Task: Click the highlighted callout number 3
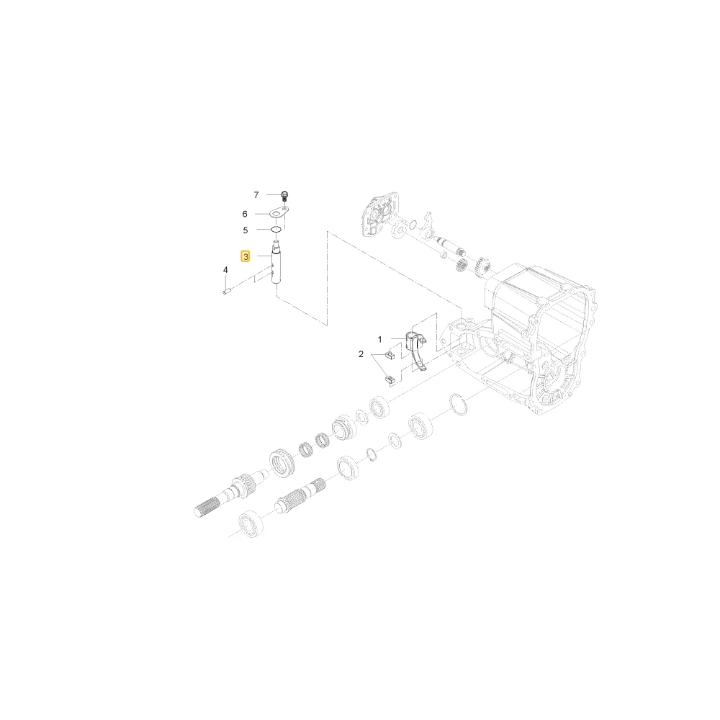[246, 256]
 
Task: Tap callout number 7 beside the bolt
[256, 195]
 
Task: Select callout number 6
[245, 214]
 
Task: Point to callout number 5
[246, 230]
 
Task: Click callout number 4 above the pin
[225, 270]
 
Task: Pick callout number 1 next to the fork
[379, 340]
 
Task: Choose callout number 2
[361, 354]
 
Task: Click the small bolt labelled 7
[284, 197]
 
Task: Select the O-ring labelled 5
[276, 229]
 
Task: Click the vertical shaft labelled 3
[276, 264]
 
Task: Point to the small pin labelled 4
[226, 290]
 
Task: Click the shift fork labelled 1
[415, 349]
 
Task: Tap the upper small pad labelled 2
[390, 354]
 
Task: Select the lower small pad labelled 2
[390, 379]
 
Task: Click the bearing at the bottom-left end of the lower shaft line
[251, 523]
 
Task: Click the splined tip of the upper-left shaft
[206, 508]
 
